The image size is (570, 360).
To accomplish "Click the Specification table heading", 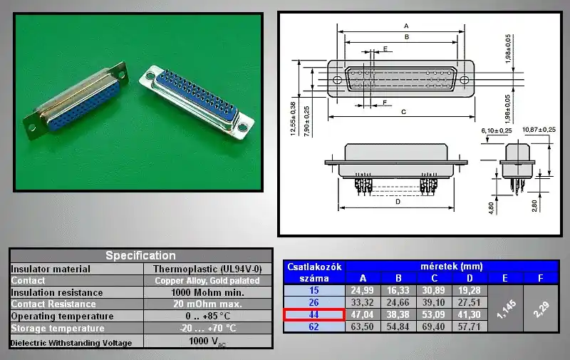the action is (140, 255).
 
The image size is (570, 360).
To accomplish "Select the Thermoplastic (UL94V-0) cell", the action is (207, 269).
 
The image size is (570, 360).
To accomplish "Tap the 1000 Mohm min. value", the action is (207, 292).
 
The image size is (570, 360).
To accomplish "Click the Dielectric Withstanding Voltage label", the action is (71, 343).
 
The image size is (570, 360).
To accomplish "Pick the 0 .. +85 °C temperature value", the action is (207, 316).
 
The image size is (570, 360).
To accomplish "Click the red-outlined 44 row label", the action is (314, 314).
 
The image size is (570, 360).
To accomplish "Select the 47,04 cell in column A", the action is (362, 314).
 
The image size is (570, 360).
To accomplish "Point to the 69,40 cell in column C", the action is (433, 326).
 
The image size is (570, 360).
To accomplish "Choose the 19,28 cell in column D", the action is (469, 290).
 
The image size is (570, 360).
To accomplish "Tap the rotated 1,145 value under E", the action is (506, 309).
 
